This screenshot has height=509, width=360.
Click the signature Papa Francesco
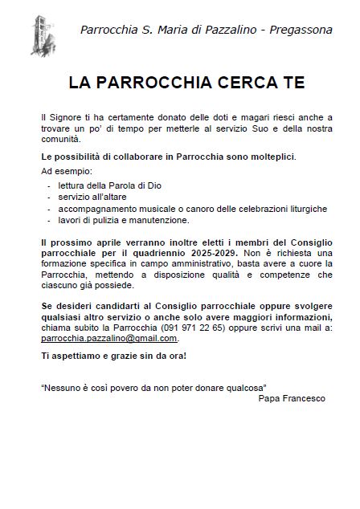click(292, 398)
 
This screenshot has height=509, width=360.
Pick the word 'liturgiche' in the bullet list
click(306, 208)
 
